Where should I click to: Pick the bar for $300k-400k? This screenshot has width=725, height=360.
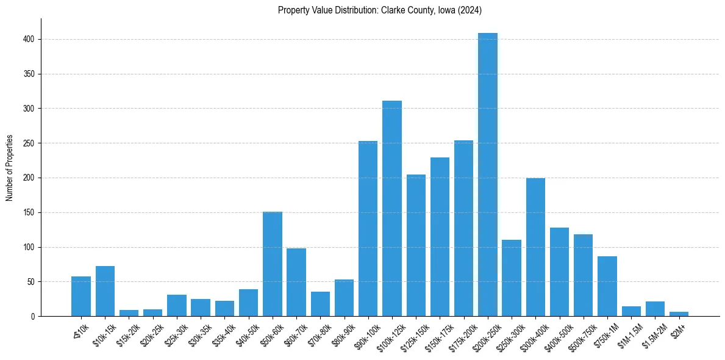pos(535,247)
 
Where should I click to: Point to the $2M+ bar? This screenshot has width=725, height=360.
pos(679,314)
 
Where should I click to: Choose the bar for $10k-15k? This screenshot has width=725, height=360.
pos(105,291)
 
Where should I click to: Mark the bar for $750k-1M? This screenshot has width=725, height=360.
pos(607,286)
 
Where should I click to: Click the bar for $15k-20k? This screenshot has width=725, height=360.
pos(129,314)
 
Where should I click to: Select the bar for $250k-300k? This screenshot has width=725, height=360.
pos(512,278)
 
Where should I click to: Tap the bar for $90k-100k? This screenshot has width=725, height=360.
pos(368,229)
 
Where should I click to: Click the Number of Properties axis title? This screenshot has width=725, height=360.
pos(10,168)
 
